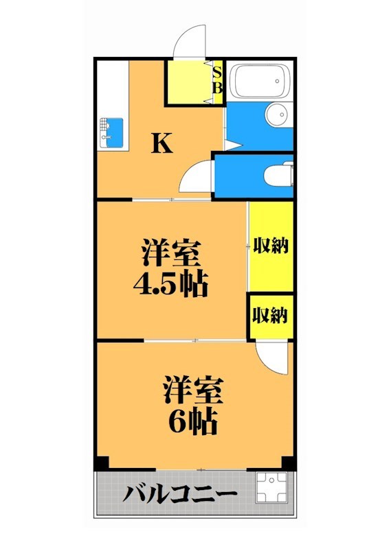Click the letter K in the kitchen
tap(162, 143)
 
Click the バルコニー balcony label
tap(181, 494)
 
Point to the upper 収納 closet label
tap(270, 245)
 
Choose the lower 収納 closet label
tap(270, 316)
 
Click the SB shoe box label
tap(217, 79)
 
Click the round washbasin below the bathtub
tap(277, 115)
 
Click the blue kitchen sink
tap(111, 132)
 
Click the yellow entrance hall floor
tap(188, 83)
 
